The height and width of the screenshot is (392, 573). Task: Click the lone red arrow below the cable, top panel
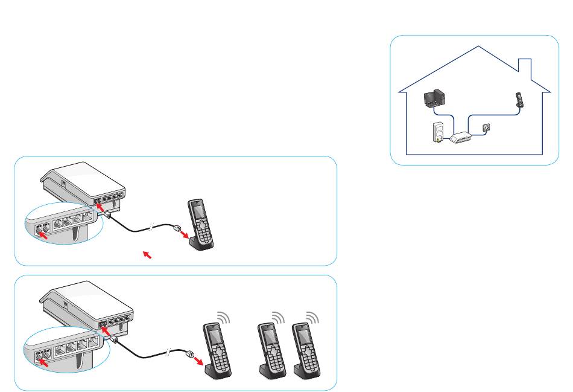click(145, 255)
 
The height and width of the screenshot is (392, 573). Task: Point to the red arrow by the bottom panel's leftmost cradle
click(197, 359)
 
